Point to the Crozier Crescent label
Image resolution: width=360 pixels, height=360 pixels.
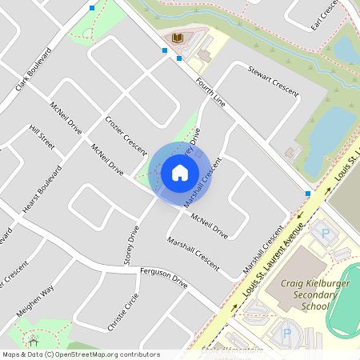[x=126, y=135]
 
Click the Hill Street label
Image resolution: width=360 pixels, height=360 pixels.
[x=42, y=137]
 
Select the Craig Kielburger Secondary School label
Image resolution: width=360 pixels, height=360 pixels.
[x=306, y=294]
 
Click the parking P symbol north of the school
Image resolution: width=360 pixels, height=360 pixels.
[x=325, y=234]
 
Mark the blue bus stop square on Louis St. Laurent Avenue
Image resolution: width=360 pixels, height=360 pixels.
[x=307, y=194]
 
